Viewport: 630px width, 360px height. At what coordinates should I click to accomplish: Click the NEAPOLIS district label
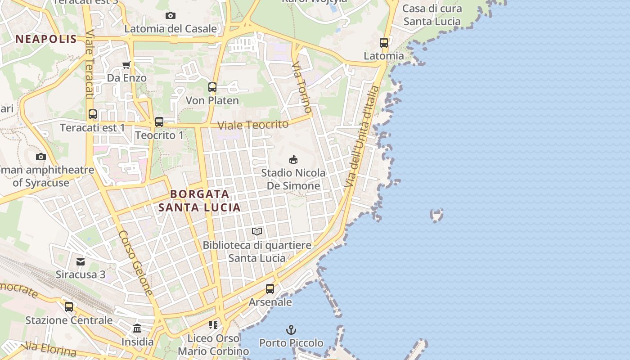tap(46, 39)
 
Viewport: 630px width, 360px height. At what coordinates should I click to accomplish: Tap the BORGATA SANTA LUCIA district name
tap(199, 201)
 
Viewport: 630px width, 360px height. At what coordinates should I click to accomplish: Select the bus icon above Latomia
tap(384, 43)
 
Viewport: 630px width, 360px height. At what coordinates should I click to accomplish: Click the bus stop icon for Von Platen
tap(212, 87)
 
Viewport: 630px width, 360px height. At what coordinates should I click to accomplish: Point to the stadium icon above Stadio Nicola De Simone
tap(293, 159)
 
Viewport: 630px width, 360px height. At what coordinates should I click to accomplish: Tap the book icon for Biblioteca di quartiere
tap(257, 231)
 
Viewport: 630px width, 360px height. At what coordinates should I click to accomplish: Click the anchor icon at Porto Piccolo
tap(291, 330)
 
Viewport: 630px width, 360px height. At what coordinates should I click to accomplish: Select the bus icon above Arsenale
tap(270, 289)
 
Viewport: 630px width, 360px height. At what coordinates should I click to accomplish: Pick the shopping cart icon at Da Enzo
tap(126, 65)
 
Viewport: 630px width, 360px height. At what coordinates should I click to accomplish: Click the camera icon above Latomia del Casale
tap(170, 16)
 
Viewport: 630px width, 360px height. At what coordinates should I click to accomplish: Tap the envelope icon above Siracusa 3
tap(81, 261)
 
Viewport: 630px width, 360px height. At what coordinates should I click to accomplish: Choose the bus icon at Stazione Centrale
tap(69, 307)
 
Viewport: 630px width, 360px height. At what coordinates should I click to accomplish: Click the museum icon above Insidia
tap(137, 328)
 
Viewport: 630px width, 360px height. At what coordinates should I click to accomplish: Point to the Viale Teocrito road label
tap(253, 125)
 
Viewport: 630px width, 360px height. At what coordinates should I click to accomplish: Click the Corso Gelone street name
tap(136, 263)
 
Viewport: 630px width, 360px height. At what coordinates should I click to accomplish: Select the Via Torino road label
tap(301, 88)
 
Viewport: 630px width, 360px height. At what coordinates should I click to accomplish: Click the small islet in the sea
tap(436, 215)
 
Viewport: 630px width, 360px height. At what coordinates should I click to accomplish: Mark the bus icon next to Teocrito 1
tap(159, 122)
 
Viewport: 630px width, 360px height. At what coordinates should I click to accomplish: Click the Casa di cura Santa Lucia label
tap(432, 15)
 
